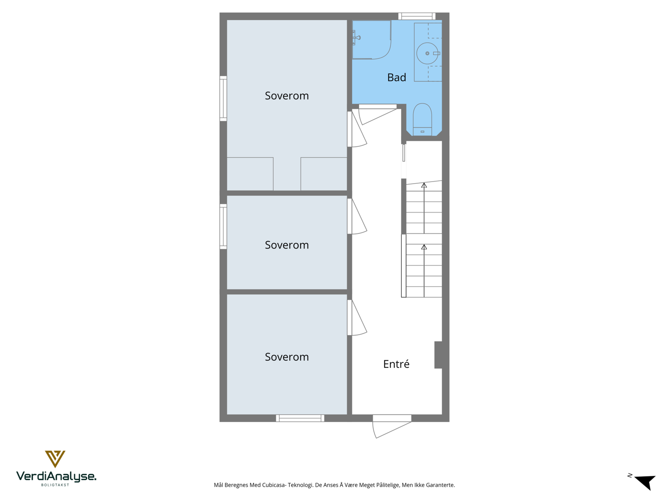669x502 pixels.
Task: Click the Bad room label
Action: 396,77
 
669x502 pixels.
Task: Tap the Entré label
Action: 396,364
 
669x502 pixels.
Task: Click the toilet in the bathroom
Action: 422,118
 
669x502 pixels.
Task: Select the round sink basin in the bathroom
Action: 427,54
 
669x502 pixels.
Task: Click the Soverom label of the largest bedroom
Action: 287,96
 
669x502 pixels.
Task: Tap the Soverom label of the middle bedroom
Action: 287,245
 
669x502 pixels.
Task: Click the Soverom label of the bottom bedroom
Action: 287,357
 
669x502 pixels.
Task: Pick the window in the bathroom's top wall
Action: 416,16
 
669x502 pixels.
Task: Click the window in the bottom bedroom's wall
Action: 300,418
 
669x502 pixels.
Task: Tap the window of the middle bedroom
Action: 223,226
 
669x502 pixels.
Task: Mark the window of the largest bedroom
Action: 223,98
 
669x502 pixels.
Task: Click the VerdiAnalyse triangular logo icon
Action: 55,458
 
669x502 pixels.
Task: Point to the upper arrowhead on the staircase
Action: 424,185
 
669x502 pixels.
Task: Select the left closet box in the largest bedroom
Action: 250,174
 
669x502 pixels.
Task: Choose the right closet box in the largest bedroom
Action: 324,174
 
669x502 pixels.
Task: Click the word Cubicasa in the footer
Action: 274,485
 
